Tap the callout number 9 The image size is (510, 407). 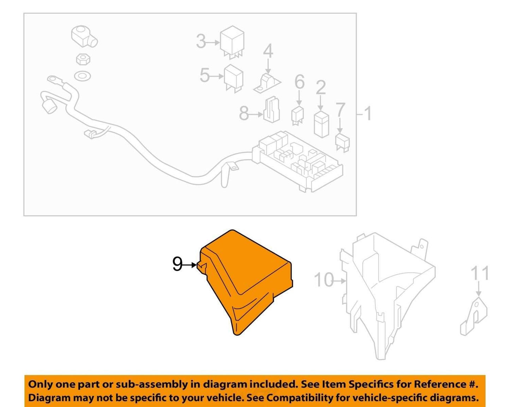[177, 264]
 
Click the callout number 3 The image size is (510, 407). [201, 41]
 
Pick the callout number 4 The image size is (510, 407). [268, 51]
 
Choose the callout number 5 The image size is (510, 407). [204, 75]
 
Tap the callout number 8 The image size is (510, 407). [244, 113]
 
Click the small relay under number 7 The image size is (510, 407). [342, 143]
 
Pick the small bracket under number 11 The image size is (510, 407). [474, 316]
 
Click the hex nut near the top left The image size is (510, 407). [83, 59]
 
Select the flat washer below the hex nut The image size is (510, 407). [82, 76]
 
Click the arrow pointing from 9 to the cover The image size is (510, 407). [190, 265]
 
